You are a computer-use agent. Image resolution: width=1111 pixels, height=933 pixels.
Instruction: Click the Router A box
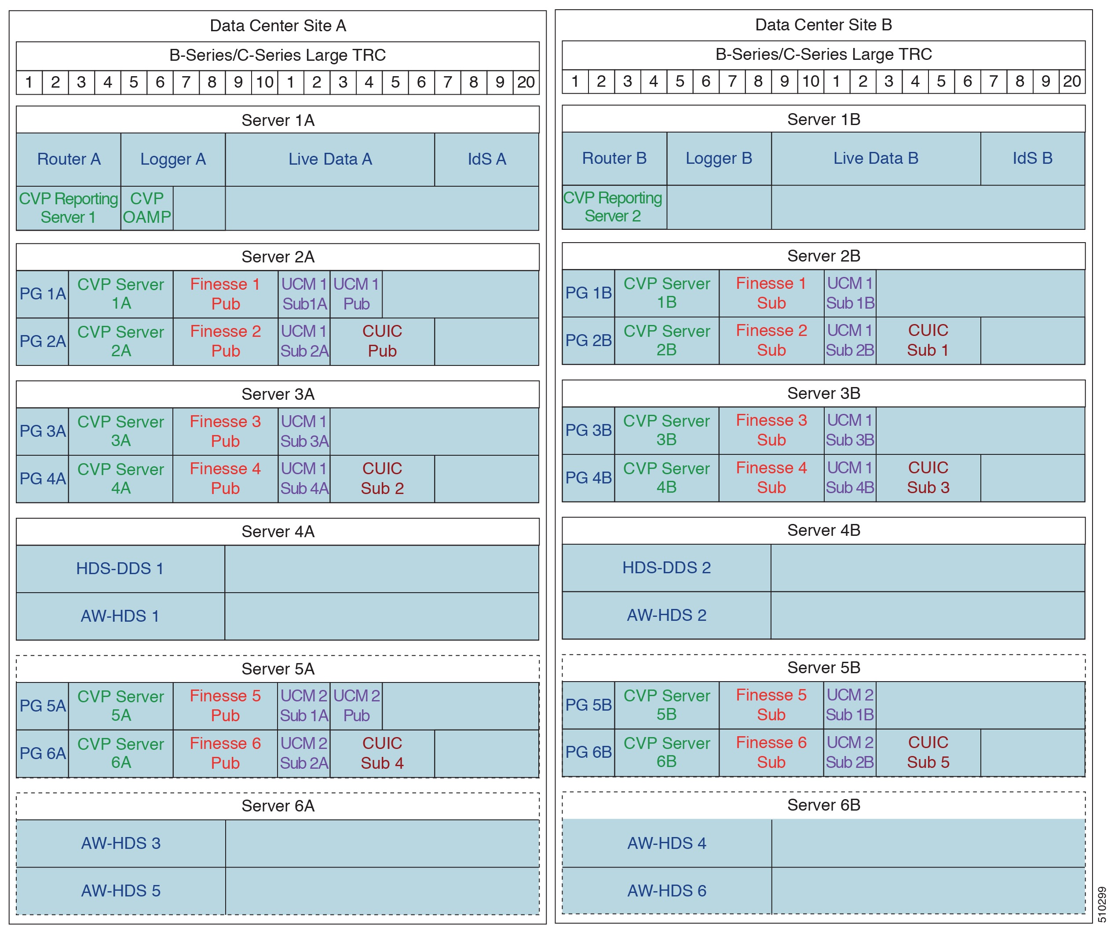68,159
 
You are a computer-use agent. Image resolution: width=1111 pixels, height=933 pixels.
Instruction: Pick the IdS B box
1032,159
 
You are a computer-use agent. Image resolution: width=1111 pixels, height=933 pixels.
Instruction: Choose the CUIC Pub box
382,341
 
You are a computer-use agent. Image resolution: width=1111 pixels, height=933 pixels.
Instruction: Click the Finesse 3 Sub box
771,430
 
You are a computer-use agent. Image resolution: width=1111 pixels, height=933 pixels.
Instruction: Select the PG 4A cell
42,478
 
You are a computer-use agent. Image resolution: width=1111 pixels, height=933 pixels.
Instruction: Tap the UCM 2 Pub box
356,705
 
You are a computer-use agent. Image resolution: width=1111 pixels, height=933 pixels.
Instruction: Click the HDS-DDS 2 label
666,568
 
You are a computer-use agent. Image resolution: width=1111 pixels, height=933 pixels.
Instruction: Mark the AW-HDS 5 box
121,891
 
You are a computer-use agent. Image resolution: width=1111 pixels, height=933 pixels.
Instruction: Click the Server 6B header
823,805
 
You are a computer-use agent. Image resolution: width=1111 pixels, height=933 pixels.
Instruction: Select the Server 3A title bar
278,394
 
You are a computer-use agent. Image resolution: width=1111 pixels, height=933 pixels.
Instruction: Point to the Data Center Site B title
823,25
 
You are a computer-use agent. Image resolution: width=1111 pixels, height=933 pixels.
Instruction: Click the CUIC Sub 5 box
928,752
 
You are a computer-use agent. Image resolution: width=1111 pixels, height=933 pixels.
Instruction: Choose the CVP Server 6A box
121,753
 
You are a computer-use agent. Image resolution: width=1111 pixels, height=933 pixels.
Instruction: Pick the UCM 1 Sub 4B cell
850,478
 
